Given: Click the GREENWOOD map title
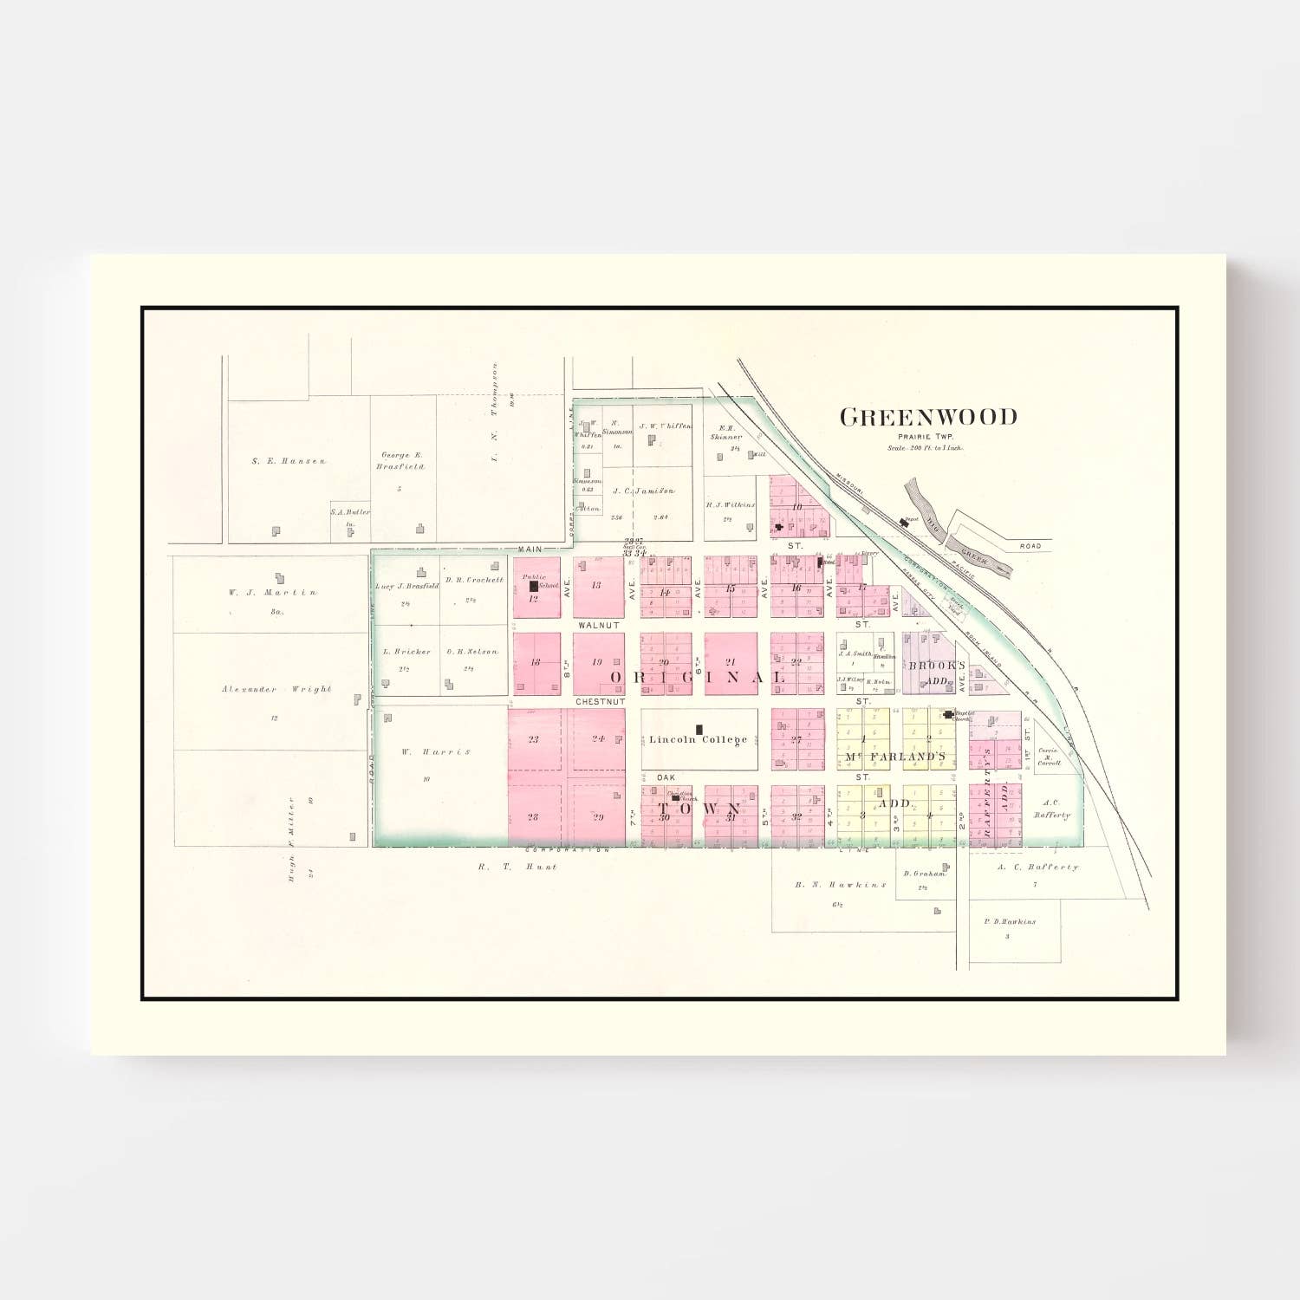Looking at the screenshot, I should pyautogui.click(x=928, y=418).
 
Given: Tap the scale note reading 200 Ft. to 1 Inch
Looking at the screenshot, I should pyautogui.click(x=925, y=448).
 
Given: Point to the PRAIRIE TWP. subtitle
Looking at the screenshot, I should pyautogui.click(x=925, y=437).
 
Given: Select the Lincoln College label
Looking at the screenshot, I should pyautogui.click(x=698, y=739).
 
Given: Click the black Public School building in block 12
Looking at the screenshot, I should pyautogui.click(x=534, y=586).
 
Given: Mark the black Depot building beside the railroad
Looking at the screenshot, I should pyautogui.click(x=905, y=523).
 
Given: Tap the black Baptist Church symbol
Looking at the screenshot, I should pyautogui.click(x=949, y=715).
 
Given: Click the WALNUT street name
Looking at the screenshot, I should pyautogui.click(x=599, y=625).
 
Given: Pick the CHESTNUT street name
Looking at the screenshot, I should pyautogui.click(x=600, y=700).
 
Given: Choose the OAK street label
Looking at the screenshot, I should pyautogui.click(x=666, y=777).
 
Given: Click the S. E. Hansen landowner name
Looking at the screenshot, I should pyautogui.click(x=289, y=461).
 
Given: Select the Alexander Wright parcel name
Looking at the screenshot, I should pyautogui.click(x=276, y=689).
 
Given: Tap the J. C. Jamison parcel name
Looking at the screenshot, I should pyautogui.click(x=643, y=491).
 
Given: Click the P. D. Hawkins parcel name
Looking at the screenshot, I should pyautogui.click(x=1010, y=921).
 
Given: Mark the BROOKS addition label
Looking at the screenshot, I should pyautogui.click(x=936, y=666).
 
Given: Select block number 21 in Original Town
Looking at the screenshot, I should pyautogui.click(x=730, y=661).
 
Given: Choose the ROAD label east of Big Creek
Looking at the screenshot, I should pyautogui.click(x=1030, y=546).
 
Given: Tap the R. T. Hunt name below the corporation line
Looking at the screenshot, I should pyautogui.click(x=517, y=866).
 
